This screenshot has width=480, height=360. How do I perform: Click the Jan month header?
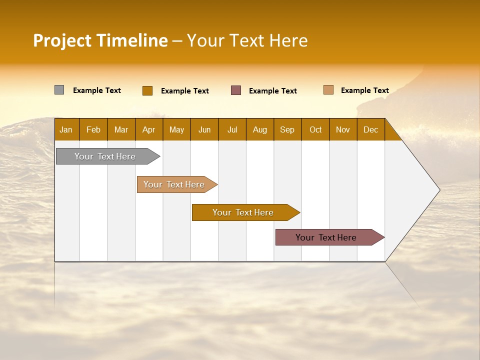[66, 129]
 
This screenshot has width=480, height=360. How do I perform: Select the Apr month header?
[149, 129]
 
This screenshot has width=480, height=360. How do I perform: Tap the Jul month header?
[232, 129]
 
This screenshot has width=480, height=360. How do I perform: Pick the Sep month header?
[287, 129]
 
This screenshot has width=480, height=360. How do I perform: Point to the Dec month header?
[370, 129]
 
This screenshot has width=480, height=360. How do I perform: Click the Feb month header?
[93, 129]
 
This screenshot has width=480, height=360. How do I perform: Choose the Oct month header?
[315, 129]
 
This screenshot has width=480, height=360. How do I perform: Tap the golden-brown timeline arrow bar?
[243, 212]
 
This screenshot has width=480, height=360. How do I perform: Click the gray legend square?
[59, 90]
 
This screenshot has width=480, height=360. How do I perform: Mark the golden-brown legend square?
[147, 90]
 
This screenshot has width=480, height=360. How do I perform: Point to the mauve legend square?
[236, 90]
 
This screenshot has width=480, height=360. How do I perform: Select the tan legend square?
[328, 90]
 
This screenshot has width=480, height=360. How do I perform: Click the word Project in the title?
[62, 40]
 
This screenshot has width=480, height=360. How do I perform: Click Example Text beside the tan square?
[364, 90]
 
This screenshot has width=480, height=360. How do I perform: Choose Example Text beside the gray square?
[97, 90]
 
